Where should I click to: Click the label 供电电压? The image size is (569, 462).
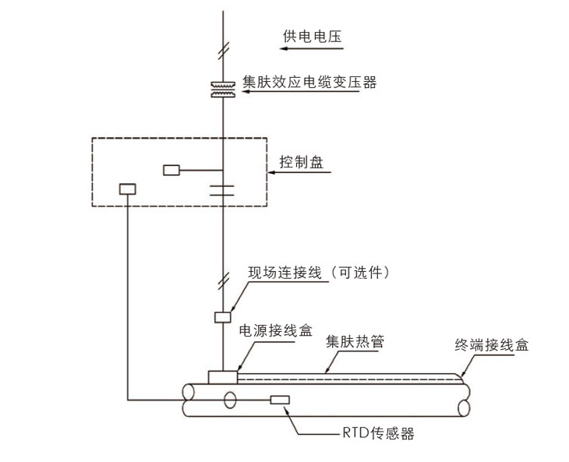click(312, 35)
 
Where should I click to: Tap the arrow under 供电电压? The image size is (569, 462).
click(312, 49)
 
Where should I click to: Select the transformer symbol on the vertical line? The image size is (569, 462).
click(223, 89)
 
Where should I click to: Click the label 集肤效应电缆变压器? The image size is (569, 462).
click(309, 80)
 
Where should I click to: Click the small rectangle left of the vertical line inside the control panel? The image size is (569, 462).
click(171, 170)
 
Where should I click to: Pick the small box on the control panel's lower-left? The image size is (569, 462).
click(127, 189)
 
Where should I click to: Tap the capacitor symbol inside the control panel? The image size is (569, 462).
click(223, 189)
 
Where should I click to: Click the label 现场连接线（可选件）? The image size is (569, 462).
click(318, 273)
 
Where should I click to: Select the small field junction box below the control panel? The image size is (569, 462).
click(223, 317)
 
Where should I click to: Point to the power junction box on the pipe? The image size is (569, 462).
click(222, 377)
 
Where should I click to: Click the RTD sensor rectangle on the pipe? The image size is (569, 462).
click(279, 400)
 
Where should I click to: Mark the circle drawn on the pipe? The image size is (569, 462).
click(230, 400)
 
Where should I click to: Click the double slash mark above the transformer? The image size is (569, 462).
click(223, 52)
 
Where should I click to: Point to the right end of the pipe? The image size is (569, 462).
click(465, 398)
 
